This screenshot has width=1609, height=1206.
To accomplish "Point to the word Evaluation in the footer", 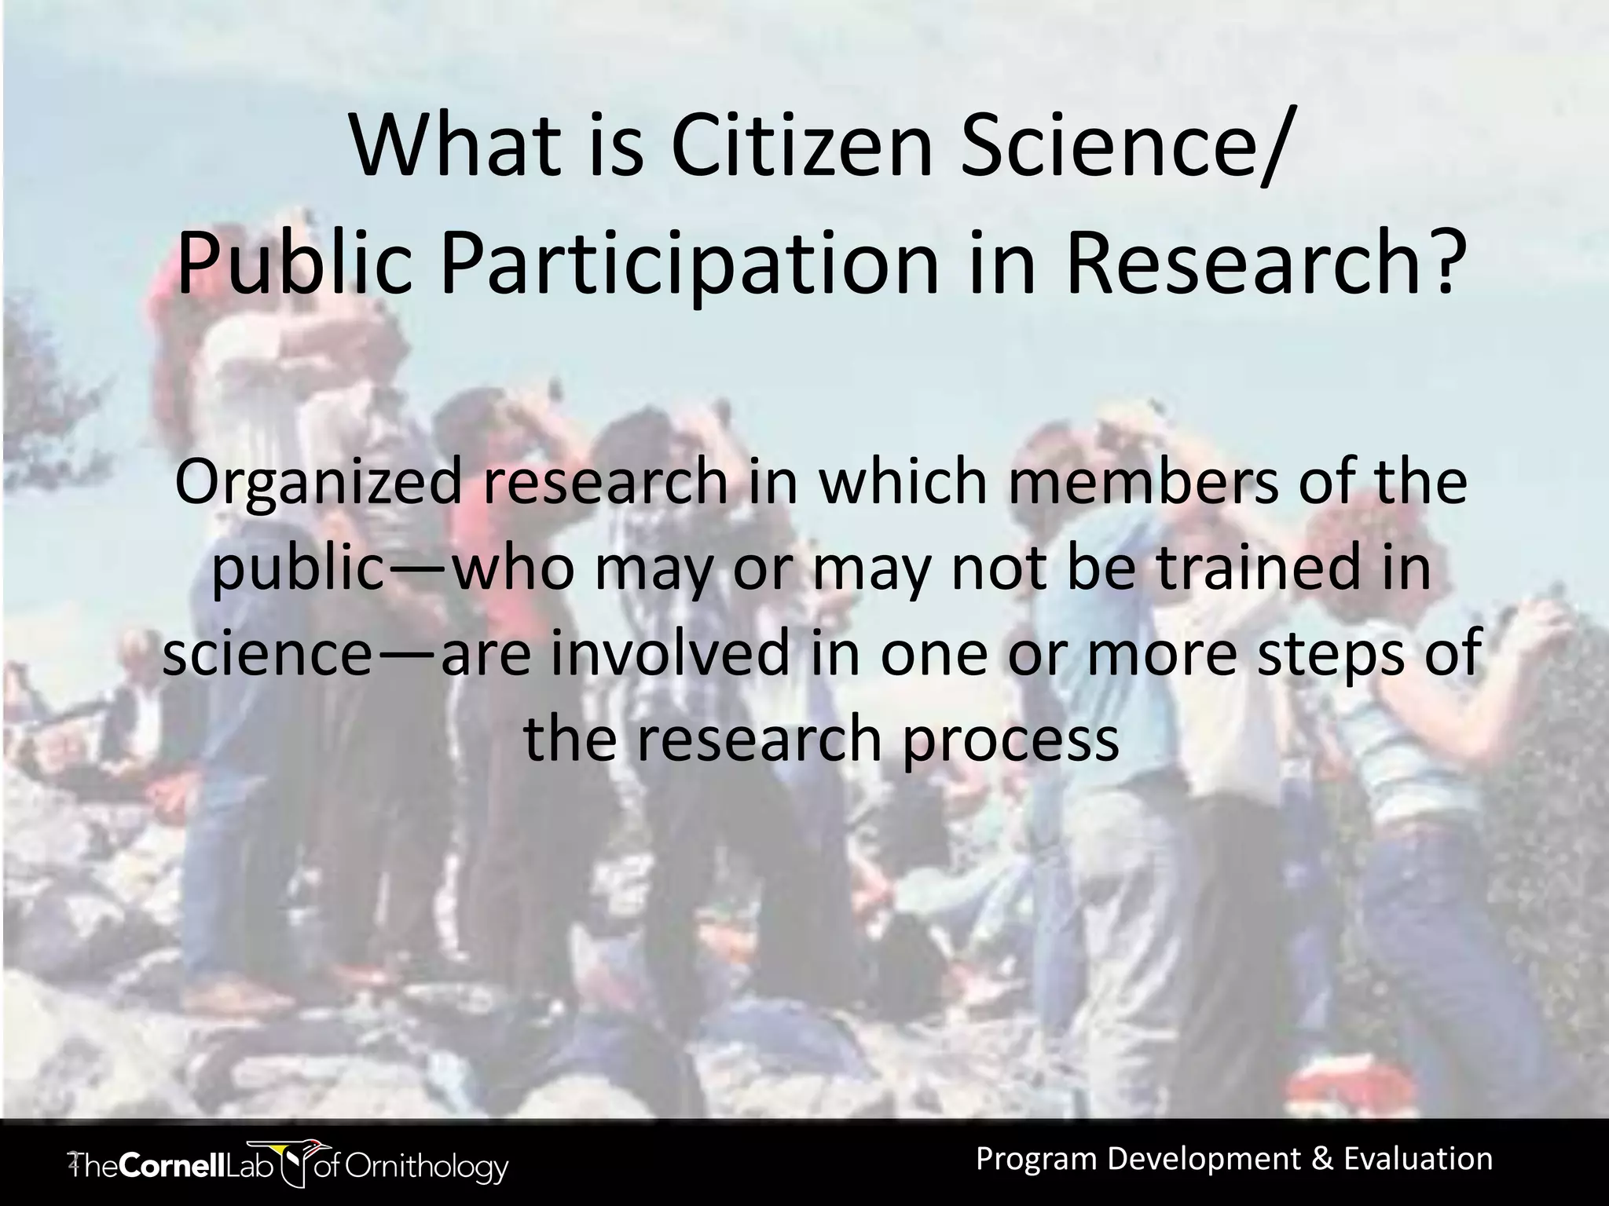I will (1418, 1159).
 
